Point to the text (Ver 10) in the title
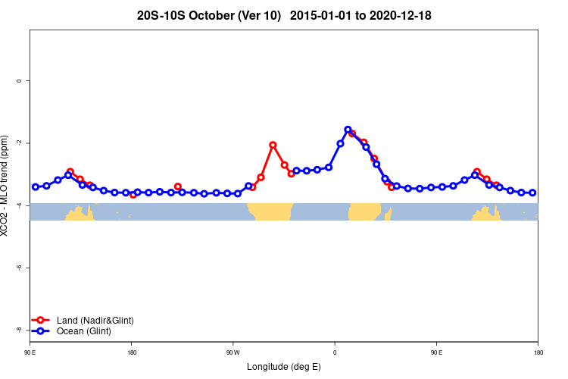tap(258, 15)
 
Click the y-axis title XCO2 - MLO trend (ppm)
tap(6, 186)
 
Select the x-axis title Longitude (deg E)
tap(284, 367)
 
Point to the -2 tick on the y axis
tap(18, 143)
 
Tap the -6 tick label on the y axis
tap(18, 268)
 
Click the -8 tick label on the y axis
tap(18, 330)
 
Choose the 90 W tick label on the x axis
tap(233, 352)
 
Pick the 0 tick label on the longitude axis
tap(335, 352)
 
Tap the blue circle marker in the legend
tap(42, 331)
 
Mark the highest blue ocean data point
tap(348, 130)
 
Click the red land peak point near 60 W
tap(273, 145)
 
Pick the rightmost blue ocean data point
tap(532, 193)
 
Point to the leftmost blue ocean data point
tap(35, 186)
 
